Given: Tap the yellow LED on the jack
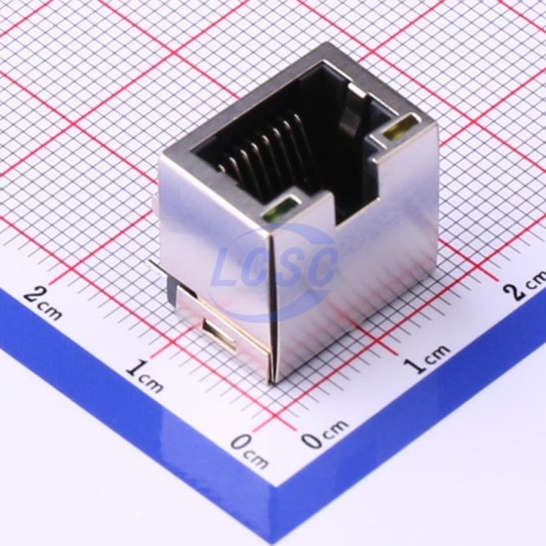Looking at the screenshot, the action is tap(400, 127).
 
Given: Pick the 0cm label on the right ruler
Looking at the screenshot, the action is tap(325, 434).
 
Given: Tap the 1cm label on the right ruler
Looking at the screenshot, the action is tap(428, 358).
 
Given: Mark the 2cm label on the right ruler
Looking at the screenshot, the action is tap(525, 283).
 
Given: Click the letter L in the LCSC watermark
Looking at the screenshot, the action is tap(227, 267).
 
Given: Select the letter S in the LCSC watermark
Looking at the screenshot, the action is tap(293, 267).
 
